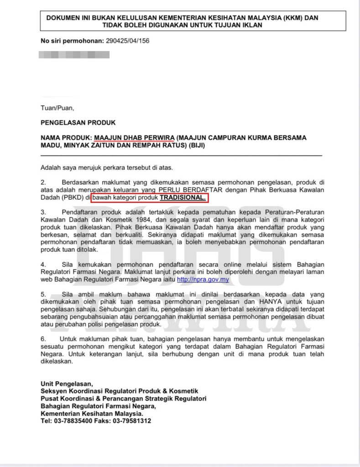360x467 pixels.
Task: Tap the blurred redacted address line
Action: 75,55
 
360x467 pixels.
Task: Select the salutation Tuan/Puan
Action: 57,108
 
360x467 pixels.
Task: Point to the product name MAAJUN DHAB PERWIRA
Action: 134,137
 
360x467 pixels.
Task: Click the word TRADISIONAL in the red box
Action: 183,198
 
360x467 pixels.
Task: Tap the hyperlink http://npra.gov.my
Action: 203,280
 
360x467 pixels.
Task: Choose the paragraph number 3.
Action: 43,212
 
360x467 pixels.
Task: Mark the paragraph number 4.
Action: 43,264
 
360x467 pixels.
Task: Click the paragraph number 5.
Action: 43,295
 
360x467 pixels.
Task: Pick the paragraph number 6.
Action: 43,339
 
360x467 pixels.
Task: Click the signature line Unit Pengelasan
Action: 67,384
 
